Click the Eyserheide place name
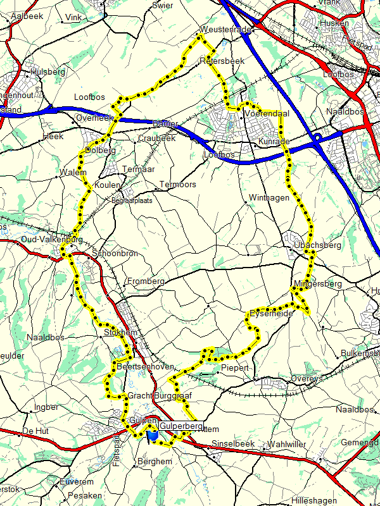[x=270, y=313]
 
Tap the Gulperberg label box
[x=181, y=426]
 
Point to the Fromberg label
[x=146, y=281]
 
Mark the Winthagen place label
[x=269, y=198]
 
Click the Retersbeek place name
[x=222, y=61]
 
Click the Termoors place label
[x=179, y=185]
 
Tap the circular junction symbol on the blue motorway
[x=316, y=137]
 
